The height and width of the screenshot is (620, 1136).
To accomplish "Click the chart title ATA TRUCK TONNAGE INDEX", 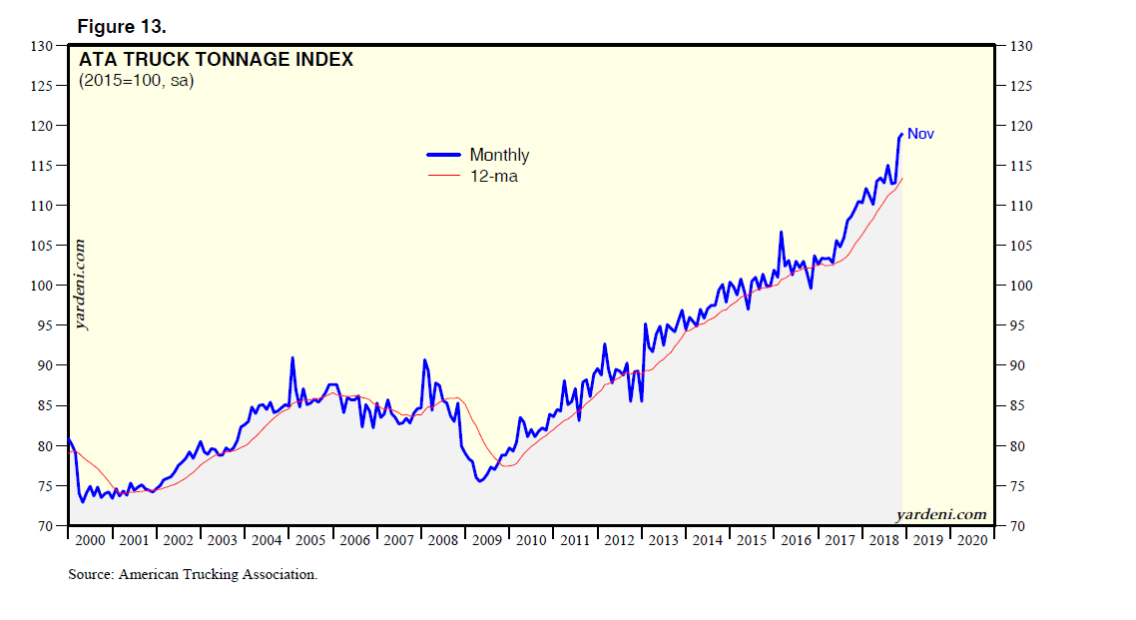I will [216, 60].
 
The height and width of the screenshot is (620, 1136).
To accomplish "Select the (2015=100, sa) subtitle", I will [137, 81].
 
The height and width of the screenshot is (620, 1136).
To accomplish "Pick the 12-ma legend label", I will [493, 177].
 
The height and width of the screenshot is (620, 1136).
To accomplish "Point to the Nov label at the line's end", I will [920, 134].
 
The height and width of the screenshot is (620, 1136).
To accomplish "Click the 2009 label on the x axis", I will [487, 540].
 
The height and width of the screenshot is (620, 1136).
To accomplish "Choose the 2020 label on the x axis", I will [972, 540].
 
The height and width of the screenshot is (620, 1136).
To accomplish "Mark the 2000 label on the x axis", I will [89, 540].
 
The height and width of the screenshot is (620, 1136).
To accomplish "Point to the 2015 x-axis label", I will [752, 540].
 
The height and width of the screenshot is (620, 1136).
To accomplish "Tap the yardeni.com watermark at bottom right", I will [941, 515].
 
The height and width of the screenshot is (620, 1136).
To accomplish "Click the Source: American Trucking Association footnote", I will [193, 574].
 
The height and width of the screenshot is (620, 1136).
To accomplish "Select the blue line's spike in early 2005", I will [292, 357].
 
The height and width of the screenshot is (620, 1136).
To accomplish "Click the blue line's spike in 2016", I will [781, 233].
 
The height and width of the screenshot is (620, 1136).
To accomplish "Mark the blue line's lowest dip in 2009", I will [480, 481].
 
